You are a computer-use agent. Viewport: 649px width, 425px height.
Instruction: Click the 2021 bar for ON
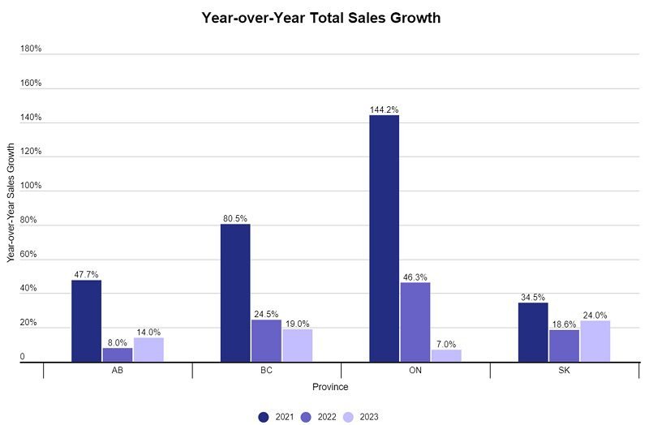pyautogui.click(x=384, y=238)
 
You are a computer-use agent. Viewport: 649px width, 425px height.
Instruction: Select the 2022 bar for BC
pyautogui.click(x=266, y=341)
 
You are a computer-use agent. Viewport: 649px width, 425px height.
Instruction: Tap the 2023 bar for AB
pyautogui.click(x=148, y=350)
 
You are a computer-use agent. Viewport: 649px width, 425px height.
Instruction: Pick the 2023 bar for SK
pyautogui.click(x=595, y=341)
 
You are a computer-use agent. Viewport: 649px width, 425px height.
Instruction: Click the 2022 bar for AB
pyautogui.click(x=117, y=354)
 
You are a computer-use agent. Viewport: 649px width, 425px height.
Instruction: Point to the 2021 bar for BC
pyautogui.click(x=235, y=293)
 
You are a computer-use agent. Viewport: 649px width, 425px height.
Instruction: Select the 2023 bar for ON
pyautogui.click(x=446, y=355)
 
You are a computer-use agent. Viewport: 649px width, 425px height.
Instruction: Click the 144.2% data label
pyautogui.click(x=384, y=109)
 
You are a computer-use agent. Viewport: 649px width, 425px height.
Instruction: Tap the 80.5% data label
pyautogui.click(x=235, y=218)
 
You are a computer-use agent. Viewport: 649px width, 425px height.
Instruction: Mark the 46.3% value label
pyautogui.click(x=415, y=277)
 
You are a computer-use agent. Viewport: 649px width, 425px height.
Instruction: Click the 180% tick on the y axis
pyautogui.click(x=31, y=49)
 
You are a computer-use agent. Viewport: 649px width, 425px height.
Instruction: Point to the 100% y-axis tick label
pyautogui.click(x=31, y=186)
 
